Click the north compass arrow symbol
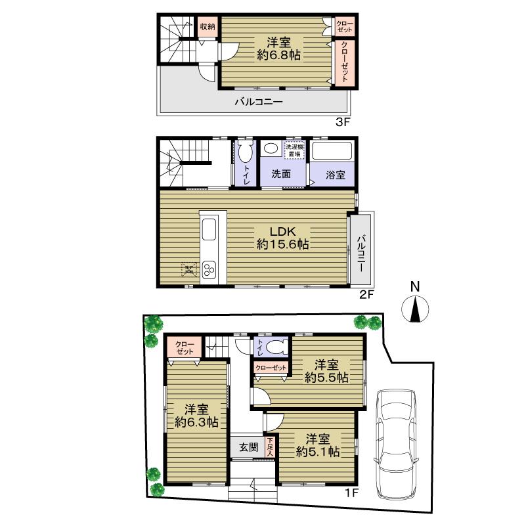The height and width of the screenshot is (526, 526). pos(414,309)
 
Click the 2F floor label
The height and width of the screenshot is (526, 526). pos(365,295)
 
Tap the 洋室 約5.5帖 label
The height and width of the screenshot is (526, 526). pos(326,371)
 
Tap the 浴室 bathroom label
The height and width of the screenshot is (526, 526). pos(336,175)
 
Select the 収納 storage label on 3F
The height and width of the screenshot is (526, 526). pos(208,28)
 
